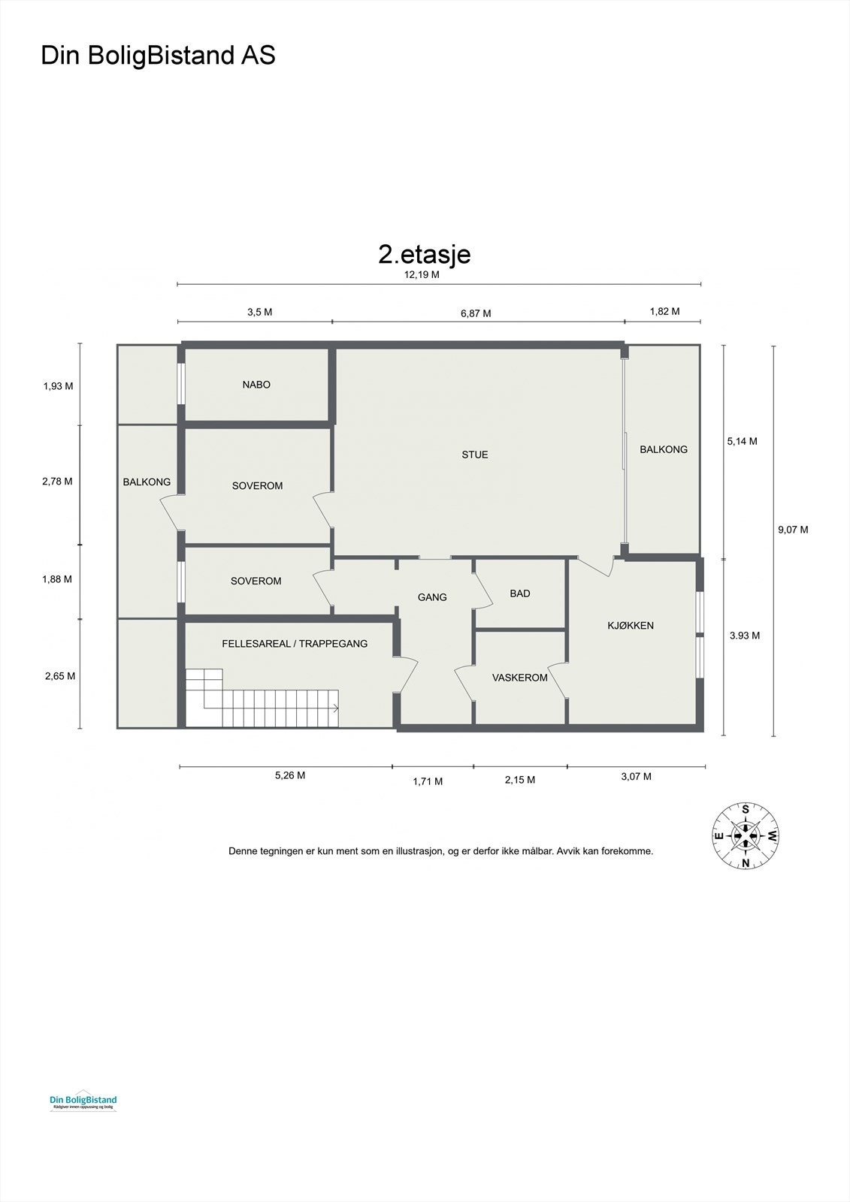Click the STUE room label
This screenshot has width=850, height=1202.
[475, 455]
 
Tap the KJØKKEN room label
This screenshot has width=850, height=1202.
[631, 625]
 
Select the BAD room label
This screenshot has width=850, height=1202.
[520, 593]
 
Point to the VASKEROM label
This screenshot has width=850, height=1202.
[520, 678]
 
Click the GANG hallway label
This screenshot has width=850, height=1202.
[432, 597]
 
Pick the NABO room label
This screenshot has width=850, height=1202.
[256, 385]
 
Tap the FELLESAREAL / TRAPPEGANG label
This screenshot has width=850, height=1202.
[295, 644]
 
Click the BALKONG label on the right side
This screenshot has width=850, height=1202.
[664, 449]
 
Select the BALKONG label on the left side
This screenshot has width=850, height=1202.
[147, 482]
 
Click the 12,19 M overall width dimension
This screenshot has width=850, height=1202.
[422, 275]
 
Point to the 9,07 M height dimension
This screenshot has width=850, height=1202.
[793, 530]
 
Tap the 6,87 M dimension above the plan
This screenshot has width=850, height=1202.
[476, 313]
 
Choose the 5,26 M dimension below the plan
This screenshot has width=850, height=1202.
[290, 776]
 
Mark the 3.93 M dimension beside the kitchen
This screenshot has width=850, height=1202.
[745, 636]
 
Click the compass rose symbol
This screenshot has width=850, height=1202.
[746, 835]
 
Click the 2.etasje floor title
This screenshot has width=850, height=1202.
[425, 254]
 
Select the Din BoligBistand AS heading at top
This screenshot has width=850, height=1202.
[158, 56]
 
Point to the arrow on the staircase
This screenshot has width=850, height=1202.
[334, 708]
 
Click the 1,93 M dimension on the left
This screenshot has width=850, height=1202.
[58, 386]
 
